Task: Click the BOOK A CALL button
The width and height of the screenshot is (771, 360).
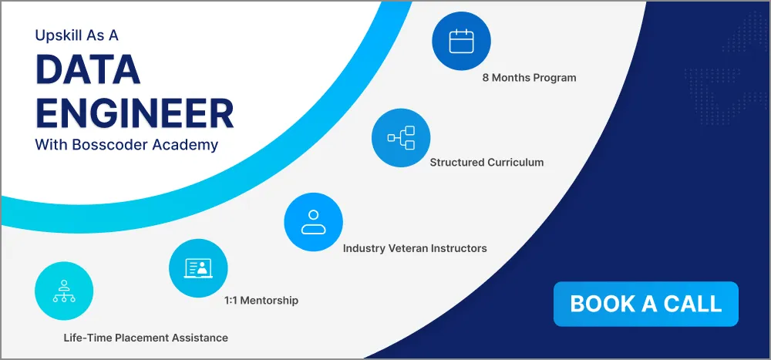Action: [645, 304]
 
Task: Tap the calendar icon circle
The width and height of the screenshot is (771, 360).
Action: [460, 41]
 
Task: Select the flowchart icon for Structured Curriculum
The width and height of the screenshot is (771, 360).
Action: [401, 138]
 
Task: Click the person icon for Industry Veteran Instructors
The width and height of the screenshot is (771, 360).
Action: [313, 222]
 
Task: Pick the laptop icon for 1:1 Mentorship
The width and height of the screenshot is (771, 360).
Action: [198, 268]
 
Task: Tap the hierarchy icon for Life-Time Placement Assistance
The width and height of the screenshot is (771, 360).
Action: [64, 291]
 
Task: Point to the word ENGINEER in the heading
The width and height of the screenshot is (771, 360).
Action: [134, 113]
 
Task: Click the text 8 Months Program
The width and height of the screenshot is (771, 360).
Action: [529, 78]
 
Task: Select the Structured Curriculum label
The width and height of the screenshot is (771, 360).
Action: [487, 163]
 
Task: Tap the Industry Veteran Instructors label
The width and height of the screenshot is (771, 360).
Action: [415, 248]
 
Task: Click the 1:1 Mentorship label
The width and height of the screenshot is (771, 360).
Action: [261, 300]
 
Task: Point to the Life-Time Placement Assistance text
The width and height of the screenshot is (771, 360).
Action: [146, 338]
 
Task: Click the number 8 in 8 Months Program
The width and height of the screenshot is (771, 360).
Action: [486, 78]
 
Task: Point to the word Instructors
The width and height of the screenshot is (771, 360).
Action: [459, 248]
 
